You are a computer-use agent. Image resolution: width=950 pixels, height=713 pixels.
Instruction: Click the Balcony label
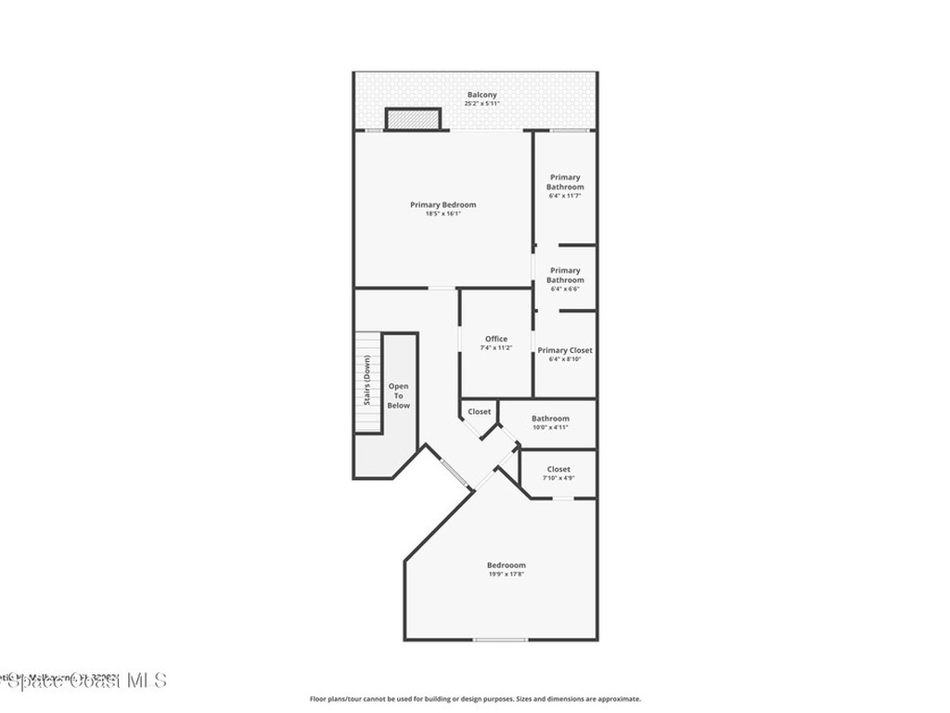(x=481, y=95)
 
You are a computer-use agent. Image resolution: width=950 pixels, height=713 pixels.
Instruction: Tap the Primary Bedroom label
(x=443, y=204)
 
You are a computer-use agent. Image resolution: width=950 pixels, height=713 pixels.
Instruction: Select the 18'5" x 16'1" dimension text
(x=443, y=214)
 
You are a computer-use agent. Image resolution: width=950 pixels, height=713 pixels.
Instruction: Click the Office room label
(x=496, y=339)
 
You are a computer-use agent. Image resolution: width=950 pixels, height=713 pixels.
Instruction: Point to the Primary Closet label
(x=565, y=350)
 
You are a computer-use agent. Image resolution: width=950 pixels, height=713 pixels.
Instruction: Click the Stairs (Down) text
(x=367, y=381)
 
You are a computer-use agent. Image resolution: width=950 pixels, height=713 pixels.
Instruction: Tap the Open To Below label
(x=398, y=395)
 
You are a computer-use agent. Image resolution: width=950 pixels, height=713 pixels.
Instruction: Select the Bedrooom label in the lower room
(x=506, y=565)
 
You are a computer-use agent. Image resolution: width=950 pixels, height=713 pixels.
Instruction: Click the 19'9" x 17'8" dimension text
(x=506, y=575)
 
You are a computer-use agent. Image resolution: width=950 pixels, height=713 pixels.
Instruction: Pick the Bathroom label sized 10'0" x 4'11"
(x=550, y=419)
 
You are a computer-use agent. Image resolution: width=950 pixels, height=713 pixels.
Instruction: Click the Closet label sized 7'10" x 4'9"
(x=558, y=469)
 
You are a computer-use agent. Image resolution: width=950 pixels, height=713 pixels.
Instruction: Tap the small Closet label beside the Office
(x=480, y=411)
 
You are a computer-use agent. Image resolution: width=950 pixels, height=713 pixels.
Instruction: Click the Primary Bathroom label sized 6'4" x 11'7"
(x=565, y=182)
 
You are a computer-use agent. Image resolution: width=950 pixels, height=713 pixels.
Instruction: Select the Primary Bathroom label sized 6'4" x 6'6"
(x=565, y=275)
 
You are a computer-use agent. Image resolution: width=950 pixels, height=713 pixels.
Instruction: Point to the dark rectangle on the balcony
(x=412, y=119)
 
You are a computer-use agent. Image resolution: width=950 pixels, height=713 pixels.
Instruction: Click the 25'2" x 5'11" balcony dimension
(x=481, y=104)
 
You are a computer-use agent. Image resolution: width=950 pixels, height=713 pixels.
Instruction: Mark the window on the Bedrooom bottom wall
(x=500, y=640)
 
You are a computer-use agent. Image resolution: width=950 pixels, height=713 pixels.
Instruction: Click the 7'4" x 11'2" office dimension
(x=496, y=348)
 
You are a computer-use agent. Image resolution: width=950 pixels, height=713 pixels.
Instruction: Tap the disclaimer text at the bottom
(x=475, y=699)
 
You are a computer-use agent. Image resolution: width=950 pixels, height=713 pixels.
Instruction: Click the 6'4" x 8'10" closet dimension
(x=565, y=359)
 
